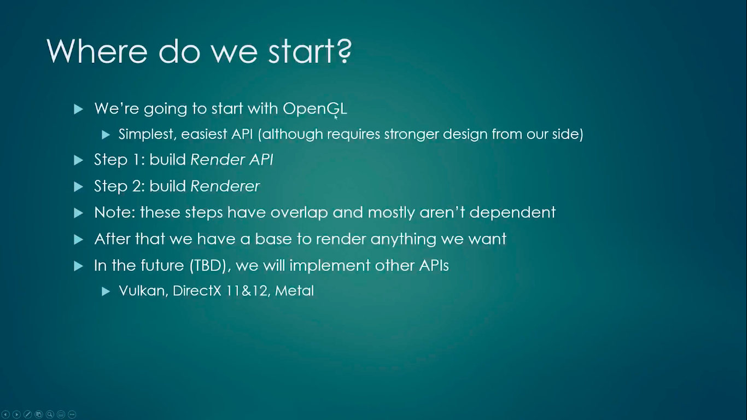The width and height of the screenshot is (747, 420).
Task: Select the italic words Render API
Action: click(x=232, y=160)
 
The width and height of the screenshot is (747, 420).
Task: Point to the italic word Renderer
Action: click(x=225, y=186)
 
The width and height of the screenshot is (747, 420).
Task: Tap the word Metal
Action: click(x=294, y=290)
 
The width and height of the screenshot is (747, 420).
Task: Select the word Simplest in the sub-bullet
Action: click(x=148, y=135)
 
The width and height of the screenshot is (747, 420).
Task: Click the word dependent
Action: click(x=512, y=213)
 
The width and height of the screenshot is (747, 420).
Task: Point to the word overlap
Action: click(x=299, y=213)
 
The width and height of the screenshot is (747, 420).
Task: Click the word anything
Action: click(x=403, y=240)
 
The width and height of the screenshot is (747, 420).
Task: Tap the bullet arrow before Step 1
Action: click(x=78, y=160)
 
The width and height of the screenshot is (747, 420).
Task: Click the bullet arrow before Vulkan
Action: click(x=106, y=291)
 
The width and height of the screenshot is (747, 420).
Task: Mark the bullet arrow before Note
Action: click(x=78, y=213)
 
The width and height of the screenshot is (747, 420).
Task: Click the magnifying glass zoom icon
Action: click(x=50, y=415)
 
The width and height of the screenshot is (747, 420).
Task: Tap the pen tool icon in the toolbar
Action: click(x=28, y=415)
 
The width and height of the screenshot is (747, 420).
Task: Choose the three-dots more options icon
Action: click(x=72, y=415)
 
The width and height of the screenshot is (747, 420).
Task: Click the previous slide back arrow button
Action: click(x=5, y=415)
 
